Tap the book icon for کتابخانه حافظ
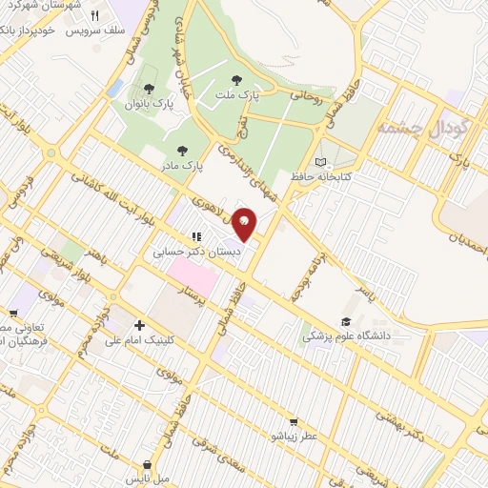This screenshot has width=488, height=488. pyautogui.click(x=320, y=161)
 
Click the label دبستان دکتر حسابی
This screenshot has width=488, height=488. pyautogui.click(x=195, y=253)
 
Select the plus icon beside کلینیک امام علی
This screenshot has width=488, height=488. pyautogui.click(x=139, y=325)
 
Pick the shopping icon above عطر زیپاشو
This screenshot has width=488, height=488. pyautogui.click(x=294, y=420)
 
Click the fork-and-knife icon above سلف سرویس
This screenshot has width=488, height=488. pyautogui.click(x=94, y=16)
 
